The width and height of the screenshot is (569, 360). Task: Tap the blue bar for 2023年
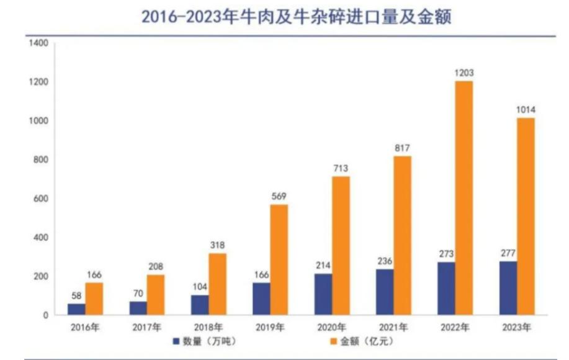click(x=508, y=288)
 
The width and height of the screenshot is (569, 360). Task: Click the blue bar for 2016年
click(x=76, y=309)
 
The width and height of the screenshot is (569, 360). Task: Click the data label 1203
click(x=464, y=73)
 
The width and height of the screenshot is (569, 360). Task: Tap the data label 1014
click(x=525, y=110)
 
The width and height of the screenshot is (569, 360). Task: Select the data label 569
click(x=279, y=197)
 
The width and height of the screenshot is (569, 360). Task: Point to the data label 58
click(x=76, y=296)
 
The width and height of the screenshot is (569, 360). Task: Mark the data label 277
click(x=508, y=253)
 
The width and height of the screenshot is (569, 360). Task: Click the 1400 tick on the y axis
click(x=38, y=43)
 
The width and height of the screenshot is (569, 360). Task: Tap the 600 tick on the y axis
click(x=41, y=199)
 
